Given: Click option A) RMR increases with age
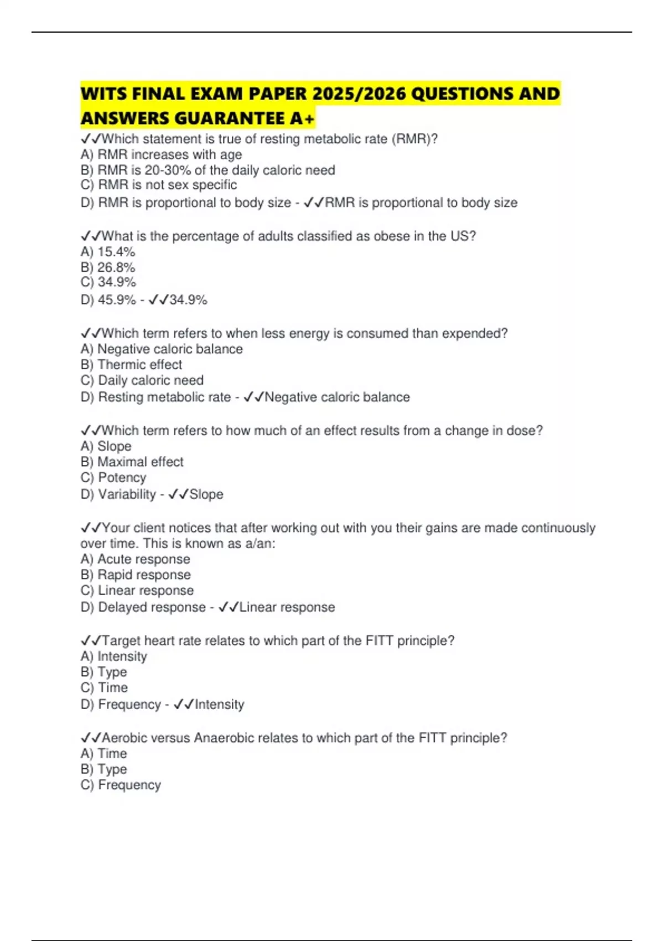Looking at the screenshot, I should (x=161, y=154).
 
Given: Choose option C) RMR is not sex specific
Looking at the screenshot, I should (x=159, y=185).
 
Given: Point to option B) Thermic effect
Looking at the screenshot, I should (x=131, y=365).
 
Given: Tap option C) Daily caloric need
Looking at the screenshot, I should (x=142, y=380).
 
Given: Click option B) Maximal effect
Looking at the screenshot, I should (x=132, y=462).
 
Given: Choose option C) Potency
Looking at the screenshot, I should (x=113, y=478).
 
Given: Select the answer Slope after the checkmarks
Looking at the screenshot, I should (x=206, y=494).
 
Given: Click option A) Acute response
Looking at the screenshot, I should (x=135, y=559).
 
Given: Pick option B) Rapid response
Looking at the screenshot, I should (x=136, y=575).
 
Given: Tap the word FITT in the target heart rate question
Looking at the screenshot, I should (x=380, y=640).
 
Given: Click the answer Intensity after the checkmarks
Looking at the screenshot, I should (x=220, y=705).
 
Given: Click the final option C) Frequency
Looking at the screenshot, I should (x=121, y=785).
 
